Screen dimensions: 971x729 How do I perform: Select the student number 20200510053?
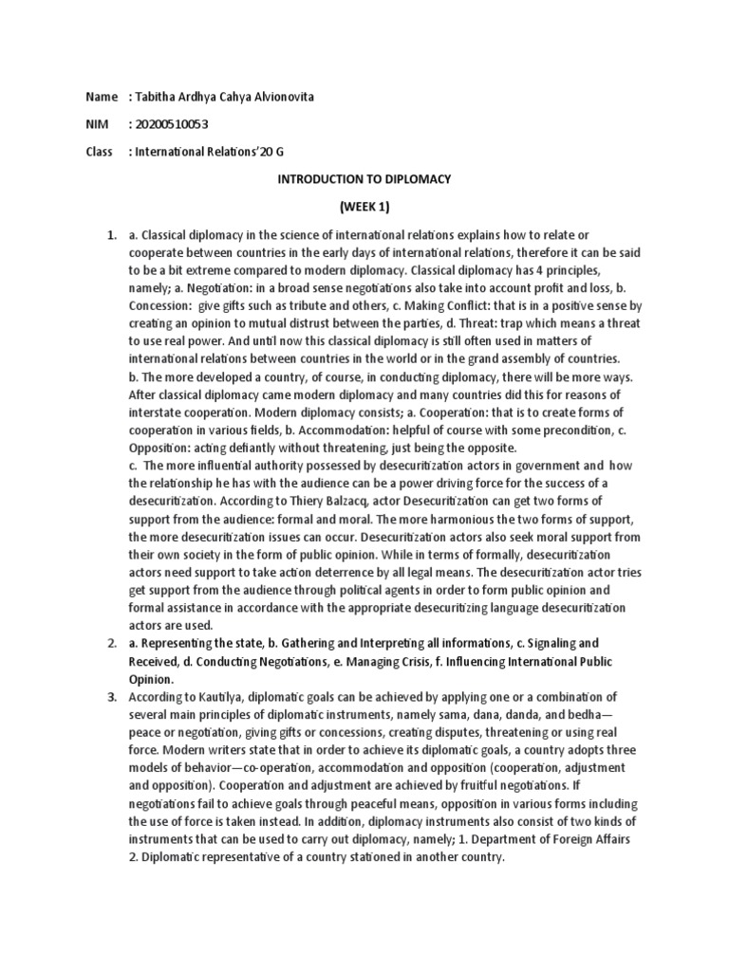click(x=171, y=124)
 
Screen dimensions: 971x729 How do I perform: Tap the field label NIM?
click(x=98, y=124)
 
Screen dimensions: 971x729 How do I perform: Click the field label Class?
click(x=100, y=152)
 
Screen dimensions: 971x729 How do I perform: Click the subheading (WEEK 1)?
click(x=364, y=207)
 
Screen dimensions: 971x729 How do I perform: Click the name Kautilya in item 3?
click(x=219, y=697)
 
